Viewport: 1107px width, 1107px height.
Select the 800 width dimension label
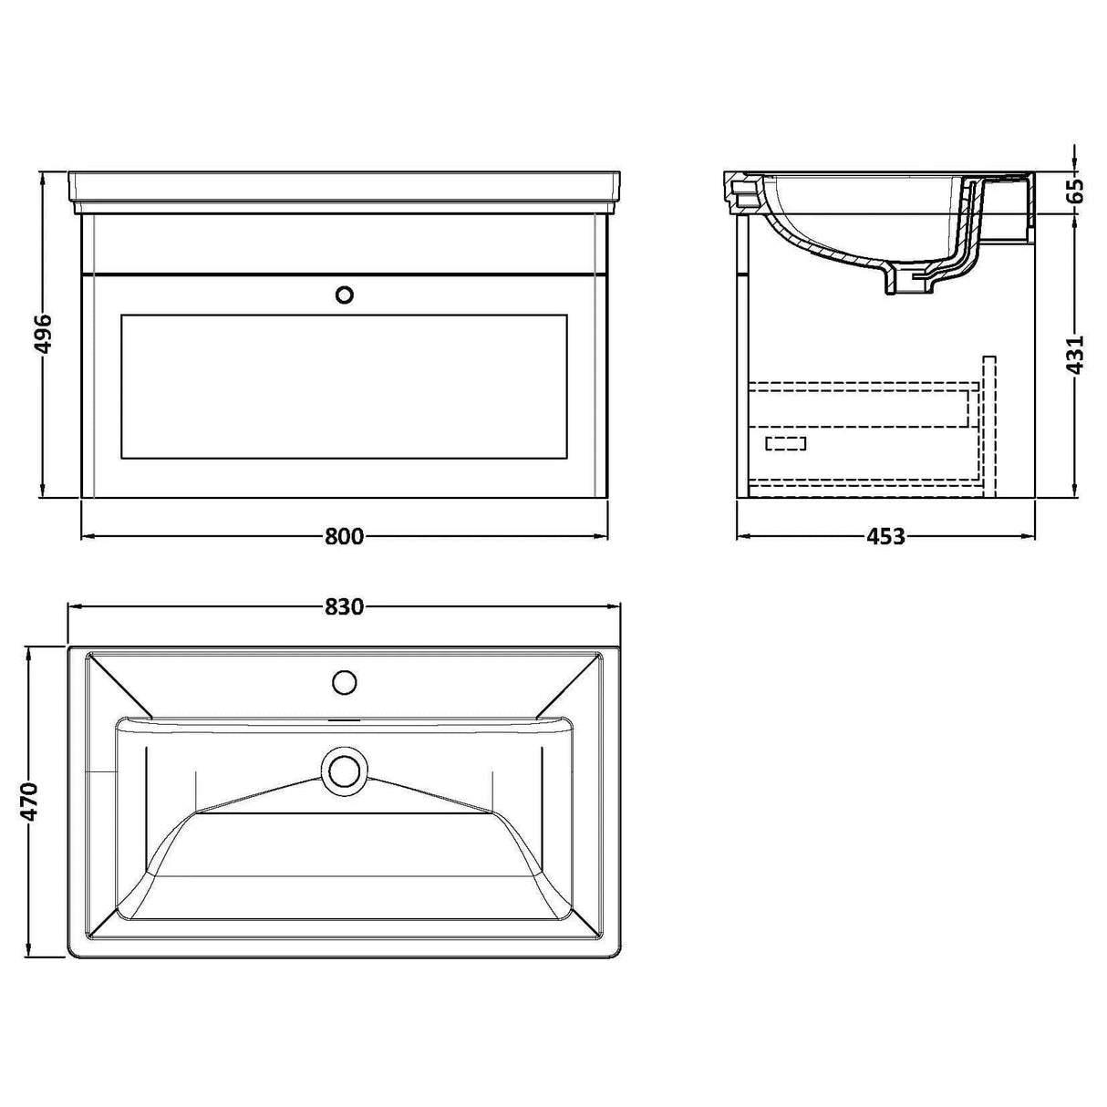pyautogui.click(x=344, y=537)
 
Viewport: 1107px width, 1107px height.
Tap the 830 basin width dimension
pyautogui.click(x=344, y=606)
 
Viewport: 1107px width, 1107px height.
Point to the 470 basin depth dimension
pyautogui.click(x=30, y=802)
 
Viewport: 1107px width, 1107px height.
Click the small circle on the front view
pyautogui.click(x=345, y=295)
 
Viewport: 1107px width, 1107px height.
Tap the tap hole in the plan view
pyautogui.click(x=345, y=681)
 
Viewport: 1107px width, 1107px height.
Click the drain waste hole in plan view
pyautogui.click(x=345, y=769)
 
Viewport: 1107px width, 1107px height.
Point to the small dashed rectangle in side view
pyautogui.click(x=786, y=444)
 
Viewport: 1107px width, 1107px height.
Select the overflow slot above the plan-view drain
pyautogui.click(x=345, y=720)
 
